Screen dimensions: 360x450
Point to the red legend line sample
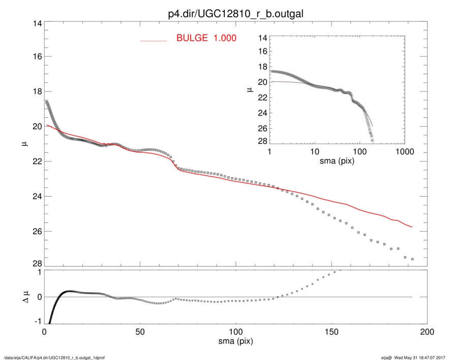[153, 40]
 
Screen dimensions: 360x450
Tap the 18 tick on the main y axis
[36, 92]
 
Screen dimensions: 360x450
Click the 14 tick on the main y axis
[36, 23]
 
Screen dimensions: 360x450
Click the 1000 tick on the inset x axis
[404, 152]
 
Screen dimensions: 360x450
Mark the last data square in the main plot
[412, 259]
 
